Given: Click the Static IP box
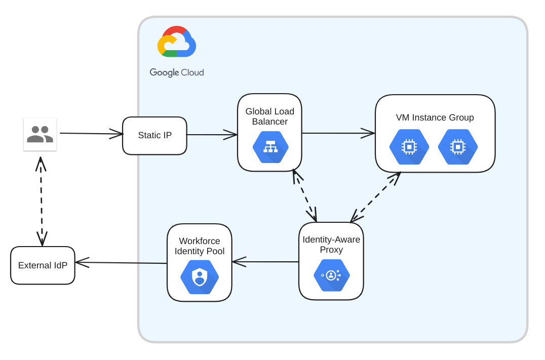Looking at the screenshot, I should [x=154, y=136].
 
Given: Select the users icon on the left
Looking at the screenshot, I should [x=40, y=134].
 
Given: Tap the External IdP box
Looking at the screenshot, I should [x=43, y=265].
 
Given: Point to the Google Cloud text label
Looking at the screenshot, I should [x=177, y=72].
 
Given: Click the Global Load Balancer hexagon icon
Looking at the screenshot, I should [x=270, y=147].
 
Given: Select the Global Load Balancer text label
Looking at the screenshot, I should [x=269, y=116].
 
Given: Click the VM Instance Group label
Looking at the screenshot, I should [x=435, y=117].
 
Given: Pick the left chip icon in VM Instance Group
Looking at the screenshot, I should [x=409, y=147].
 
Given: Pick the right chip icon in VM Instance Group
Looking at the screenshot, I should [x=458, y=147].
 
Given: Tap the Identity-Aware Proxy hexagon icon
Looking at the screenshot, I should [x=331, y=275].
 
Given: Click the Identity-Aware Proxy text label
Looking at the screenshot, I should [x=331, y=245].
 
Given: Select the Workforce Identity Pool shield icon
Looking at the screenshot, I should [x=200, y=277].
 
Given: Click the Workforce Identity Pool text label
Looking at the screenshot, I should [x=200, y=246].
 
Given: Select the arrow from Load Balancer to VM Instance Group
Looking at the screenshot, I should [x=338, y=133].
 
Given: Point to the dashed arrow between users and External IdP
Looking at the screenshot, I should [x=41, y=202].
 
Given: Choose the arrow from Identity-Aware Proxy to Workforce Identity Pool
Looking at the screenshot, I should [x=265, y=262].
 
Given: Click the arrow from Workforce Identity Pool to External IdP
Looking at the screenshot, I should [x=122, y=263].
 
